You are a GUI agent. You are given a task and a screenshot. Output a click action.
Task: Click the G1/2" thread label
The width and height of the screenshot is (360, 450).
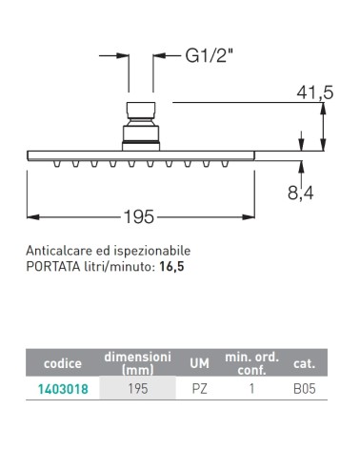click(210, 56)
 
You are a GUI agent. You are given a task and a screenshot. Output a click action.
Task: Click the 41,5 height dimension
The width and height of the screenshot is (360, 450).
click(314, 92)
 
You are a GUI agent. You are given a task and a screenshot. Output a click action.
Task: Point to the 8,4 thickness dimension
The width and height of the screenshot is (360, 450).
click(300, 194)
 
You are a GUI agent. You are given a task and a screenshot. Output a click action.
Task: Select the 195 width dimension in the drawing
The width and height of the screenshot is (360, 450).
click(139, 217)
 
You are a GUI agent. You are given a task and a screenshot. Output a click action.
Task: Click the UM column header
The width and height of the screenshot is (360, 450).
click(199, 363)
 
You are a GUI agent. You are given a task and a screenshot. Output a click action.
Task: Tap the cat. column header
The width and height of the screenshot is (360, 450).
click(304, 363)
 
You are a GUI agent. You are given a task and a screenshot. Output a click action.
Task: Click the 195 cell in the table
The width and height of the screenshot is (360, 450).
click(138, 391)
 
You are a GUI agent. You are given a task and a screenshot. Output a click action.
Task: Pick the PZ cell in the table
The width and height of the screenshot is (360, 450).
click(199, 391)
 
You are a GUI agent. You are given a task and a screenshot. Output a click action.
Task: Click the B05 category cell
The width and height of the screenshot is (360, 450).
click(304, 391)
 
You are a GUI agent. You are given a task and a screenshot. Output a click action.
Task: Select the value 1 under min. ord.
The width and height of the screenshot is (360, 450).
click(251, 391)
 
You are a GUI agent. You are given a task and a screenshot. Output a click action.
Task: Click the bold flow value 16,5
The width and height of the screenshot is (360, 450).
click(172, 268)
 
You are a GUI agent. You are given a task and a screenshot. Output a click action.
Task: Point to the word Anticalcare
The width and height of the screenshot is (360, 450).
click(58, 252)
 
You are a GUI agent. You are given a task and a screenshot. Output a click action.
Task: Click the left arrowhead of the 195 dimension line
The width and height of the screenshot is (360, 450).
click(30, 217)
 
